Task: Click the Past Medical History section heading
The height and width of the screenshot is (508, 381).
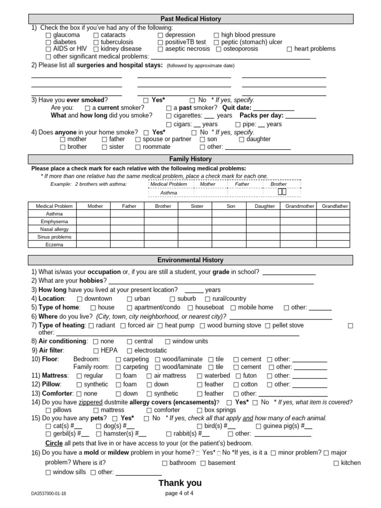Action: (190, 19)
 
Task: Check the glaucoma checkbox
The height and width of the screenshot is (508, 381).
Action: (48, 35)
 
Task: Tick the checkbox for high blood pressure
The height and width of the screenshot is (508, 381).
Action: (216, 35)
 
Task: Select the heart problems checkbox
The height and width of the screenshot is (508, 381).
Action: (289, 49)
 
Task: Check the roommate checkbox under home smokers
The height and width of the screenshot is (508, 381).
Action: (138, 147)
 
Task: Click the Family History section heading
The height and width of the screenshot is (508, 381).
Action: (190, 159)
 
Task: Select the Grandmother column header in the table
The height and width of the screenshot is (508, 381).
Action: (300, 206)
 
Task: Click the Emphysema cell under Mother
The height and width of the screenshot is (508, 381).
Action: (95, 222)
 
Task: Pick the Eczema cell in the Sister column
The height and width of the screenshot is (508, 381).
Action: (197, 245)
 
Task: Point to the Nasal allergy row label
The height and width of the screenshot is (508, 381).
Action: (54, 230)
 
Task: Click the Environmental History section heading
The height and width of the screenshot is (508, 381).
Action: (190, 260)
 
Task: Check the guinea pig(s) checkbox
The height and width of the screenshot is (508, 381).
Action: (258, 426)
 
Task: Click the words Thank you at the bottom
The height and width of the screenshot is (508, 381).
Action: (180, 483)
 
